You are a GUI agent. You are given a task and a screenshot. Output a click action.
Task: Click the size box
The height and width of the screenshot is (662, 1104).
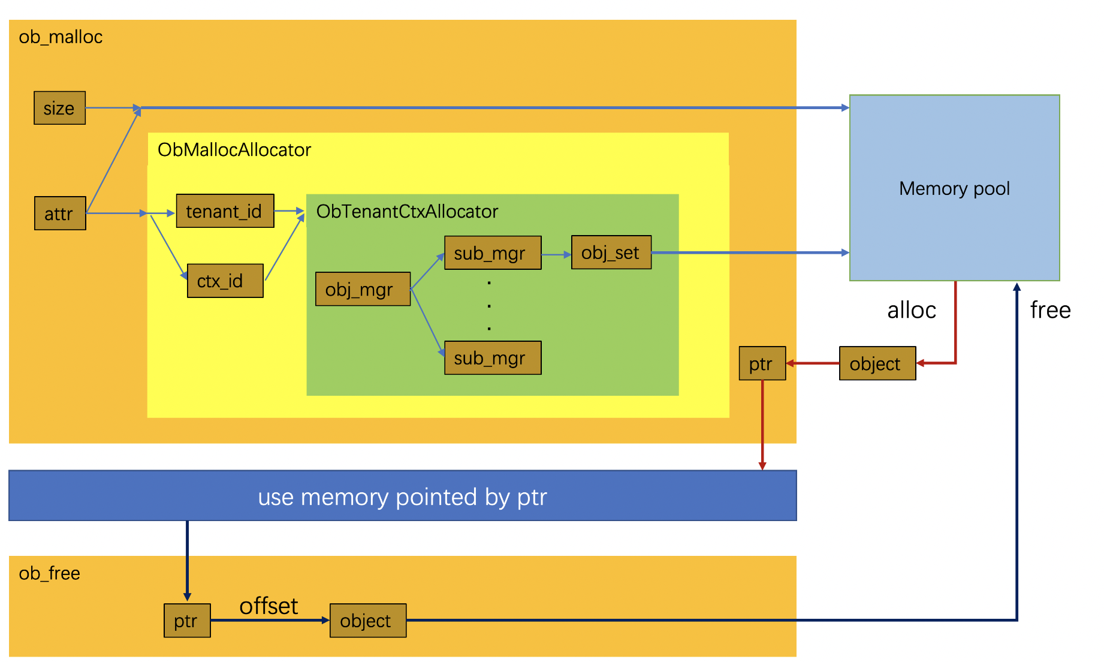59,108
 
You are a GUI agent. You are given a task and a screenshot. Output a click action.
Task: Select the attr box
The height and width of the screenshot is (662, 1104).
60,213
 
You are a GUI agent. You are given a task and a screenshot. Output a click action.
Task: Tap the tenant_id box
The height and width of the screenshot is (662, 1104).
225,211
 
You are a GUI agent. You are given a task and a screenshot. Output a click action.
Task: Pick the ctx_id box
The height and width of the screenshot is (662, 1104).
225,281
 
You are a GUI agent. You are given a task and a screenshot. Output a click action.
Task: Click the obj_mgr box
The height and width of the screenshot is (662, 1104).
363,289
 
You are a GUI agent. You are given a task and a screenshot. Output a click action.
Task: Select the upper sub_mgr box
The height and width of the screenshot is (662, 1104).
493,253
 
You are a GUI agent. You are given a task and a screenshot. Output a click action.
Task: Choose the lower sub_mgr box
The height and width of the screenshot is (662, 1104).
493,358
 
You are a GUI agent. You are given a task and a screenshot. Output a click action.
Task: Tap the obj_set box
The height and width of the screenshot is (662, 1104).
611,252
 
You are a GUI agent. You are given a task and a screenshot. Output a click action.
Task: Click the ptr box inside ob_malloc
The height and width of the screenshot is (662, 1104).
762,363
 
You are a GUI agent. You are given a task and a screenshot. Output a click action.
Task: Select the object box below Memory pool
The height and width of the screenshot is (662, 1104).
877,363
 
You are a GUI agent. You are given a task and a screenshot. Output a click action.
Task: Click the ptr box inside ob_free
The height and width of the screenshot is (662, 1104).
187,621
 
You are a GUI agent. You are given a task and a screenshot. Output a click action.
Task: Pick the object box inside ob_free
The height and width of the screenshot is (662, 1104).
367,621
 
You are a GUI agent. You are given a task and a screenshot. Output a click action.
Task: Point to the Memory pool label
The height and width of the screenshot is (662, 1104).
954,188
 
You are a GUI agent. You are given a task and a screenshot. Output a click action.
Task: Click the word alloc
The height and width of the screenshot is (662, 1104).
911,310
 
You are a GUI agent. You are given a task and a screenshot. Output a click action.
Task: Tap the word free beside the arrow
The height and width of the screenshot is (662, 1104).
1050,310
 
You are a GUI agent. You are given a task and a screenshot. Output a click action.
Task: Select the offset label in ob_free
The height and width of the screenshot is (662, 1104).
269,606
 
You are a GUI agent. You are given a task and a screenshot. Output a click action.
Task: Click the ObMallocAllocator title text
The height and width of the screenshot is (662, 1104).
234,149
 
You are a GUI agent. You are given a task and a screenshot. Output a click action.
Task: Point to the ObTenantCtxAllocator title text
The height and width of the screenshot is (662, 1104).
407,211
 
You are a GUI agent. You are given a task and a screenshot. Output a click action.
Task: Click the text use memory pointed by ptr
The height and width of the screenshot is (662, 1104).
402,497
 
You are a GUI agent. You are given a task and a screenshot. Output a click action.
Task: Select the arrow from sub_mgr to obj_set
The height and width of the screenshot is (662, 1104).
556,254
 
